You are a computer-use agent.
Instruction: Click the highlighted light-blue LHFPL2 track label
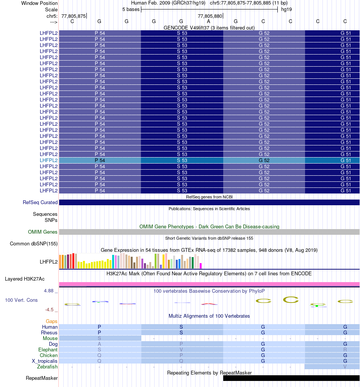[49, 160]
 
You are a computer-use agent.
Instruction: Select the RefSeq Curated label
[40, 203]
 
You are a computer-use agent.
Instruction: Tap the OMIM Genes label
[43, 232]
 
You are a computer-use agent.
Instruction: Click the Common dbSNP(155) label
[34, 243]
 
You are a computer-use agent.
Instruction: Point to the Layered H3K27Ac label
[25, 279]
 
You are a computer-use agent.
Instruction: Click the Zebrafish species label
[47, 367]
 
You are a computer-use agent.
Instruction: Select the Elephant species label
[48, 350]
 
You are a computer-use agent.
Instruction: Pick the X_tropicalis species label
[45, 361]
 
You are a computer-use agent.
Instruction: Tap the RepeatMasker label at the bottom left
[42, 378]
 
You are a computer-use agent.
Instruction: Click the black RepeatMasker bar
[291, 378]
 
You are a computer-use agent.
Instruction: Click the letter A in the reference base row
[208, 22]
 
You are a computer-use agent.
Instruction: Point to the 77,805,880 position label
[210, 16]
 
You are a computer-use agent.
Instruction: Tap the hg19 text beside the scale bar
[286, 9]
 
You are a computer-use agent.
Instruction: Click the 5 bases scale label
[131, 9]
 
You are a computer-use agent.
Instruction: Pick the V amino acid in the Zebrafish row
[345, 367]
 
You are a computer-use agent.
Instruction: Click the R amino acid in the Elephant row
[345, 350]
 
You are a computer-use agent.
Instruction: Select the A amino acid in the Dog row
[99, 344]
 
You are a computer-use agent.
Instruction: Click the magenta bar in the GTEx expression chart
[201, 265]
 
